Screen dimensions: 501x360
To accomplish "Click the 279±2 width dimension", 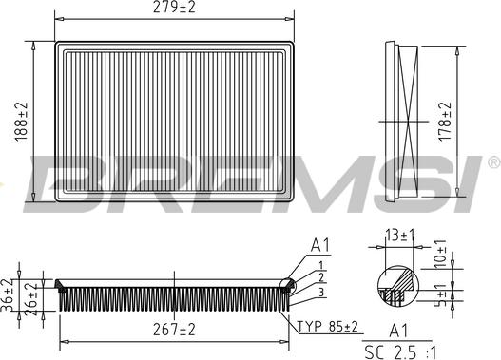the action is point(174,7).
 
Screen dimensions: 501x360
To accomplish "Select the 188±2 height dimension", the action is point(22,122).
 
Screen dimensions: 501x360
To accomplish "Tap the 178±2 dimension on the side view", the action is point(445,121).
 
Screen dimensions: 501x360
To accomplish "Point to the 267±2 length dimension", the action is point(174,330).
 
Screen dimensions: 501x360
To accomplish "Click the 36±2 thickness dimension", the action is point(7,295).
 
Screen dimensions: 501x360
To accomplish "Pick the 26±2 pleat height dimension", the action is point(31,299).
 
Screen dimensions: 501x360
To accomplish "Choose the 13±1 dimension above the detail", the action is point(399,236).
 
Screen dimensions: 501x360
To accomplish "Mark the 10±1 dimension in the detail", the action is point(440,254).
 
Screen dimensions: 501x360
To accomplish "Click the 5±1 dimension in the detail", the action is point(440,295).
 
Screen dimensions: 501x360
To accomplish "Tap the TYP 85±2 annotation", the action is point(328,327).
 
